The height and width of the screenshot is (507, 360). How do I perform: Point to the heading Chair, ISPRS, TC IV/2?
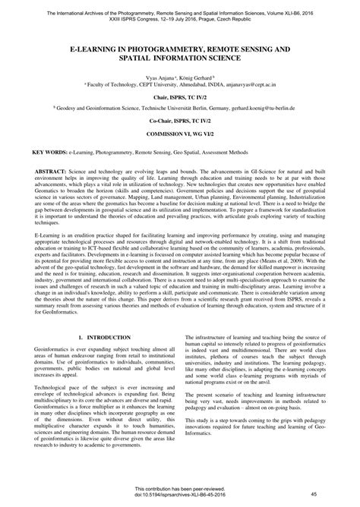[x=180, y=97]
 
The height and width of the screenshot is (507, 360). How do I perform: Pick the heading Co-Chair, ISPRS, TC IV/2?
[x=180, y=121]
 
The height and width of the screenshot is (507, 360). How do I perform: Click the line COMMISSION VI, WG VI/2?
[x=180, y=133]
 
